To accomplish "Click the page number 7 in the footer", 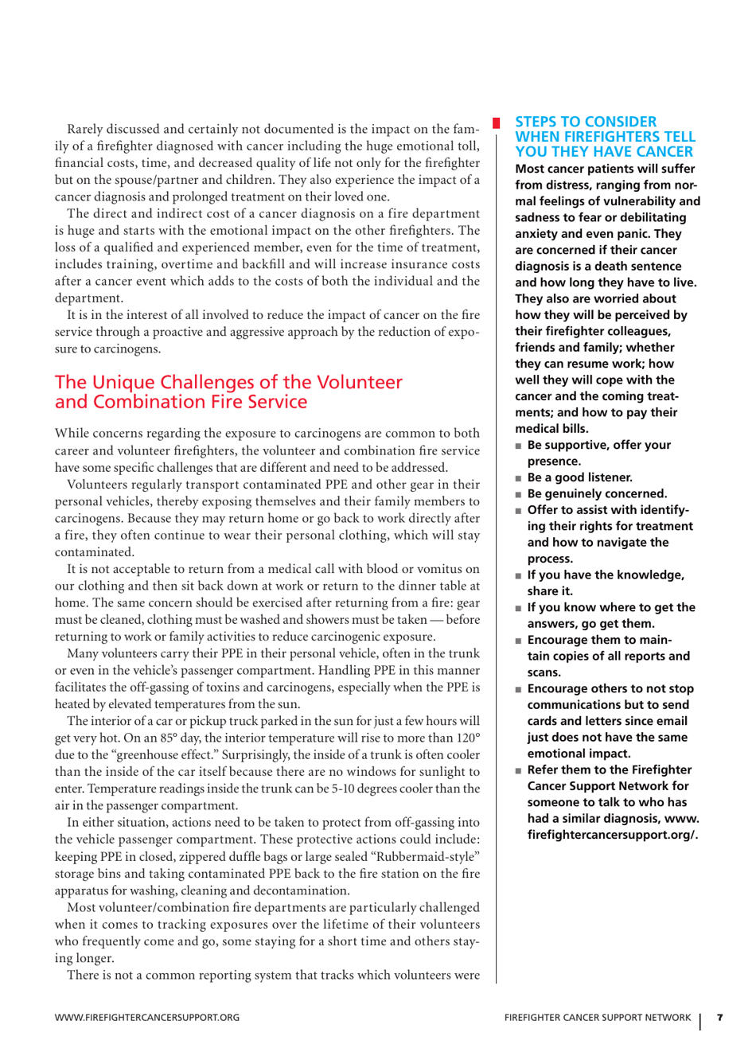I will click(x=719, y=1017).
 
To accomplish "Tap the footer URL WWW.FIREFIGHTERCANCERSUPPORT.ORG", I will click(x=146, y=1018).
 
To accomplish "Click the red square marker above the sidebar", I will click(x=496, y=123).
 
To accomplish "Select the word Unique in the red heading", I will click(x=125, y=383).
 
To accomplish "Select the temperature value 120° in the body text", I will click(x=467, y=738).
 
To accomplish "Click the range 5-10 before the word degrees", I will click(x=319, y=789).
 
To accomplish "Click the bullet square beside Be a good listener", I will click(x=519, y=478).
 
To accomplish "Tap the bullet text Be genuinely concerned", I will click(x=597, y=493).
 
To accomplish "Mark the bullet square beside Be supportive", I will click(x=519, y=446).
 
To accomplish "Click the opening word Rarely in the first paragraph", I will click(x=90, y=130).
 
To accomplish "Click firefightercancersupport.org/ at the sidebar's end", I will click(x=612, y=835).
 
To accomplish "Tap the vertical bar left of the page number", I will click(x=701, y=1019).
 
